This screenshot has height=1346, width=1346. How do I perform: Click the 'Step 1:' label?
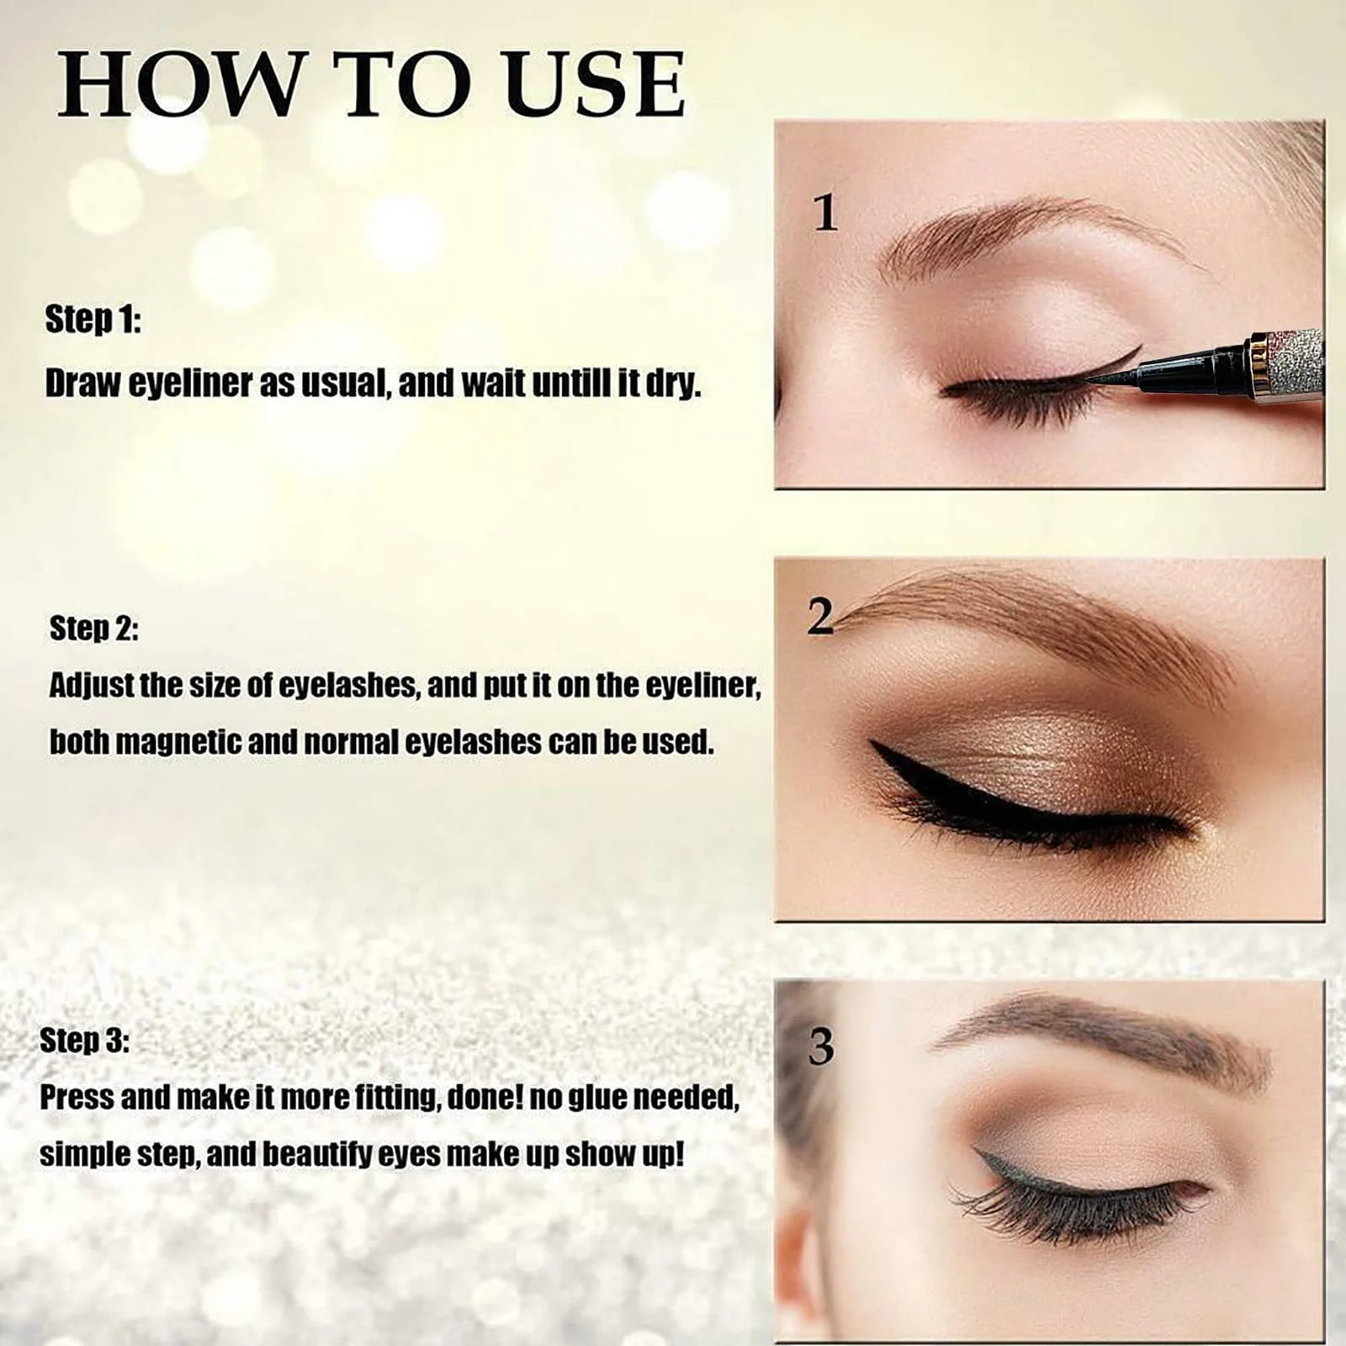point(93,320)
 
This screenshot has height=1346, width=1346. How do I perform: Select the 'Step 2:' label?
point(94,628)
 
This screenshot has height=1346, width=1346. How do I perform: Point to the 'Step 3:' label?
point(85,1041)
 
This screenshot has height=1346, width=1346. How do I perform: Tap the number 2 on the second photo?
point(819,617)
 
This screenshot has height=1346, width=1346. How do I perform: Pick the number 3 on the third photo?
point(821,1047)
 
